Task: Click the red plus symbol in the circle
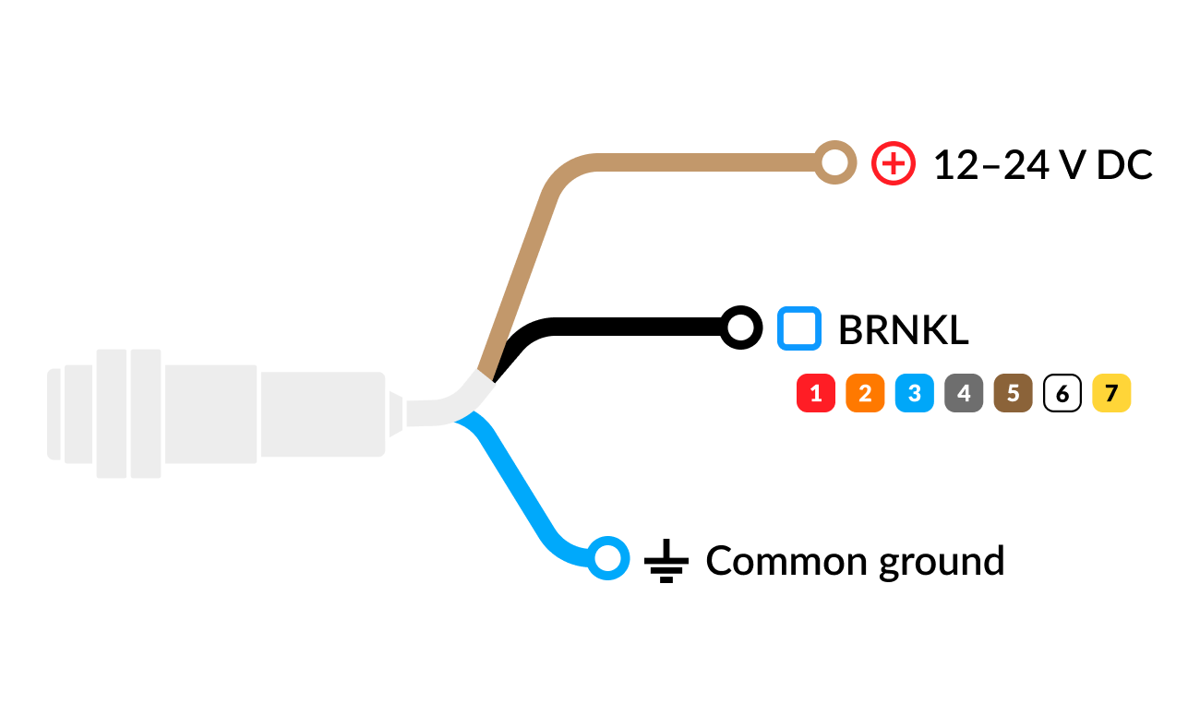tap(893, 163)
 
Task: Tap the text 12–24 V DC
tap(1042, 165)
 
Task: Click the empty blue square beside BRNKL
tap(799, 328)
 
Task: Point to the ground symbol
tap(666, 561)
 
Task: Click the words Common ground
tap(855, 562)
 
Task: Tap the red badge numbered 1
tap(816, 393)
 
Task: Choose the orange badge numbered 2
tap(865, 393)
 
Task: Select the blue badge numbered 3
tap(915, 393)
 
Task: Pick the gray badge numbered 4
tap(964, 393)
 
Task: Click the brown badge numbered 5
tap(1013, 393)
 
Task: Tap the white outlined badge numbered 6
tap(1062, 393)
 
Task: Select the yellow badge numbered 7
tap(1111, 393)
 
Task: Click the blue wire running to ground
tap(515, 482)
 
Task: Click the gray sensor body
tap(214, 413)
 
